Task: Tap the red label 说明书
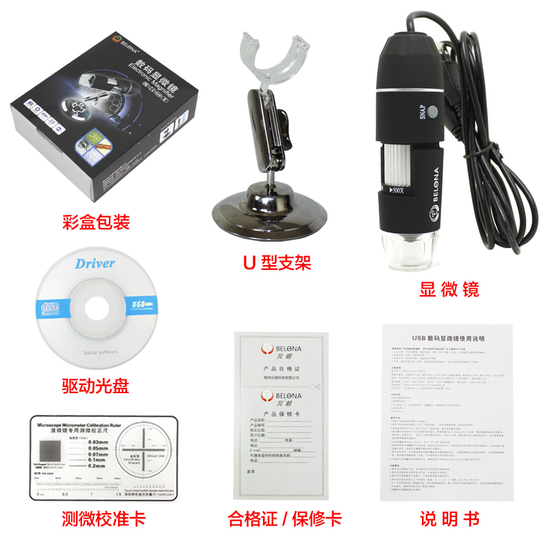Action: [449, 519]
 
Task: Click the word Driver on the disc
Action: [95, 264]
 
